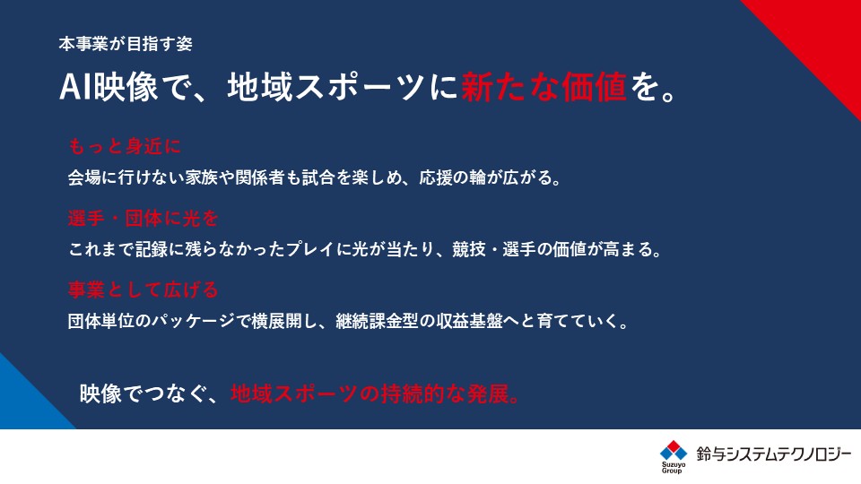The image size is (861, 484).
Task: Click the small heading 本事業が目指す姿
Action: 126,44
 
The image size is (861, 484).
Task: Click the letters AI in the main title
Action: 75,87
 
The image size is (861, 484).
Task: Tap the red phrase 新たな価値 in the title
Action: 544,87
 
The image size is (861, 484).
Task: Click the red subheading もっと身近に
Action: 125,146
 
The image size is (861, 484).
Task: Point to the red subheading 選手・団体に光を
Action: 143,218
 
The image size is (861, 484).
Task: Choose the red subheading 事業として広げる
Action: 143,290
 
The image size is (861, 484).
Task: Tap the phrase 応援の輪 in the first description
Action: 452,177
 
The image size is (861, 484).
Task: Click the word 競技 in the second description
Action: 469,250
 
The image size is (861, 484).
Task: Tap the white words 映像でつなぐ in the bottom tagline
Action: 143,394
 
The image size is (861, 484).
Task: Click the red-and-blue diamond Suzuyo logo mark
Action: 674,451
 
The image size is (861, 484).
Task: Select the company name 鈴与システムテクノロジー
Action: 774,454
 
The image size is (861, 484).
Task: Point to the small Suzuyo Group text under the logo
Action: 672,468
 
